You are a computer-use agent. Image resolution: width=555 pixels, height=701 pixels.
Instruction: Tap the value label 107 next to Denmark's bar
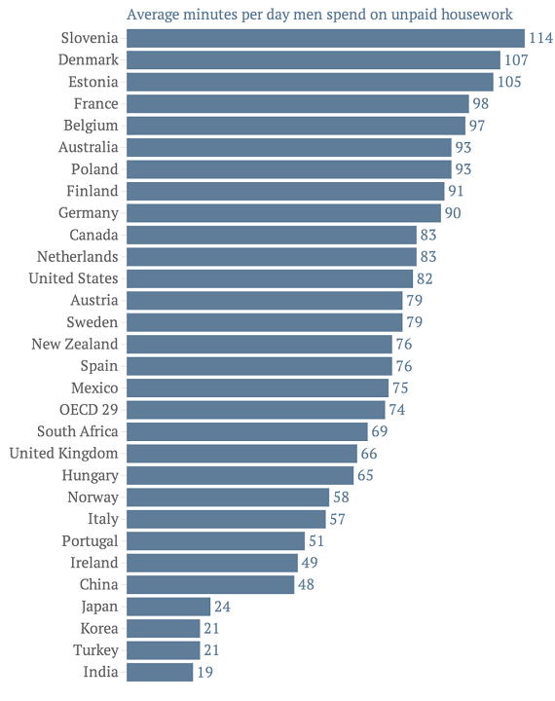click(514, 60)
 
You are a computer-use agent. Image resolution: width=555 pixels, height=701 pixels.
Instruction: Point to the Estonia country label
click(92, 82)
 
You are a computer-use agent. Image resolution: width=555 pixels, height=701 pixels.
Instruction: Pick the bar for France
click(297, 103)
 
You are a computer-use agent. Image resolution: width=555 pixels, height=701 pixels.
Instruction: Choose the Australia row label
click(88, 147)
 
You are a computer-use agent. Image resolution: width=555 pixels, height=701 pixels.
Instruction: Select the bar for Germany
click(283, 212)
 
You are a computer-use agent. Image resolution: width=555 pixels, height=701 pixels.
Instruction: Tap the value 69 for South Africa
click(381, 431)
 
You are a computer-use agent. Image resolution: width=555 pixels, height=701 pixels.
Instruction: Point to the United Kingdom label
click(63, 453)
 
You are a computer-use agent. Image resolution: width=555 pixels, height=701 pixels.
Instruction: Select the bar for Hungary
click(240, 475)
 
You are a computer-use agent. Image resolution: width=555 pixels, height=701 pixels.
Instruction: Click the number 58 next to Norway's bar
click(342, 497)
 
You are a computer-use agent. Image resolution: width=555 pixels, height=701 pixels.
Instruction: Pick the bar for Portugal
click(216, 540)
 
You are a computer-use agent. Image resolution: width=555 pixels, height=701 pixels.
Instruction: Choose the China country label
click(98, 584)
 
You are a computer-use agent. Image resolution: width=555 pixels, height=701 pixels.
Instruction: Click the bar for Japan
click(168, 606)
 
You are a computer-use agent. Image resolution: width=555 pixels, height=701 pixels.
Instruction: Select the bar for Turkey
click(163, 649)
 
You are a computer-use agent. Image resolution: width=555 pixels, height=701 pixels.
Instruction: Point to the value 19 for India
click(205, 672)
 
